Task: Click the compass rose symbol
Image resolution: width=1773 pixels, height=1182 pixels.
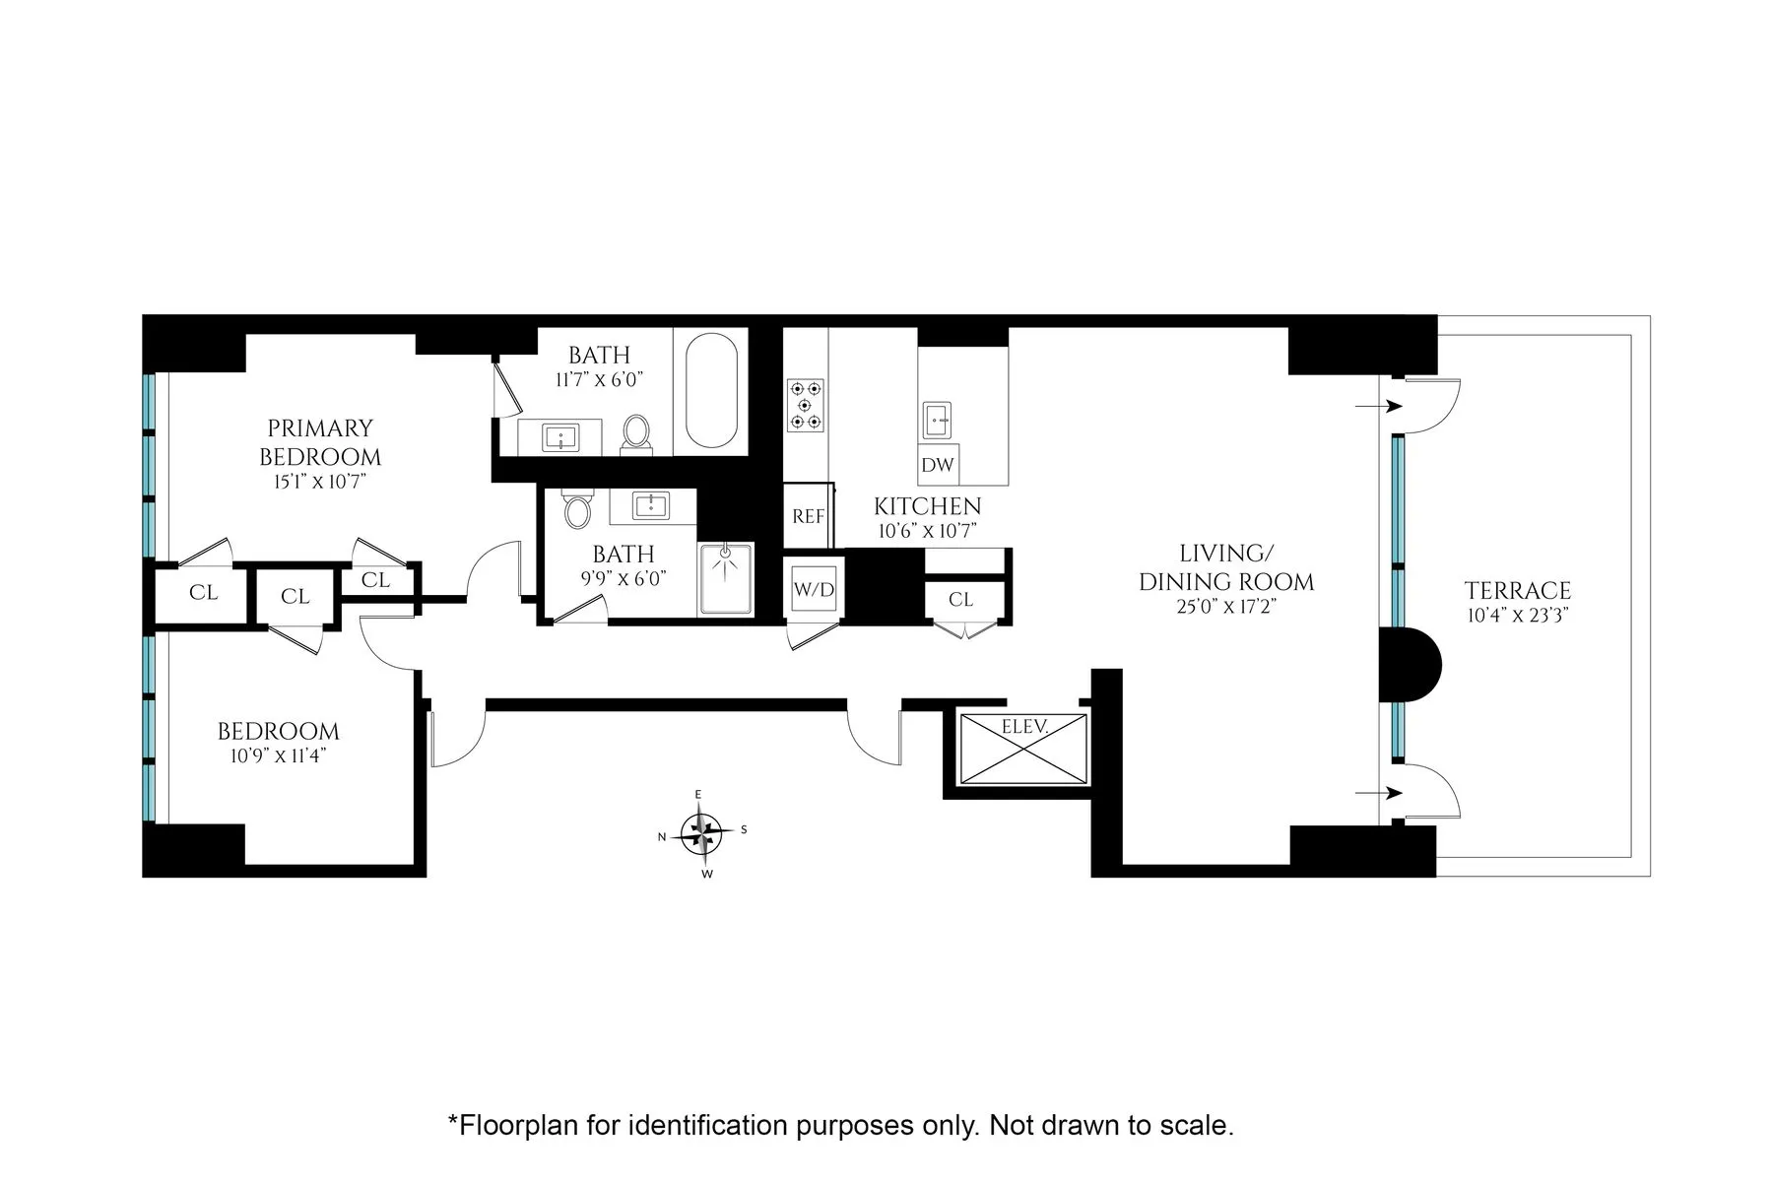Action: coord(700,832)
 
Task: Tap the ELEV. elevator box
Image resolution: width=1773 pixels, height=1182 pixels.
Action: coord(1023,749)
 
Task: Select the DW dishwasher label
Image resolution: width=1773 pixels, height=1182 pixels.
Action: coord(937,465)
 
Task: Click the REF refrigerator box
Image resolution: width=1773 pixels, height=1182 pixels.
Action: coord(808,516)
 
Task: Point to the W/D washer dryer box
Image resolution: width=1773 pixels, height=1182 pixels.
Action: coord(814,590)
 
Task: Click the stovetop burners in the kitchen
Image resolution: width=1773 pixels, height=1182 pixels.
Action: coord(805,405)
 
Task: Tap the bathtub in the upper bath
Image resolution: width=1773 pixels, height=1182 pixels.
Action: coord(710,391)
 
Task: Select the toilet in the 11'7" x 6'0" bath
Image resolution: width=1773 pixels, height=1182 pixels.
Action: coord(636,433)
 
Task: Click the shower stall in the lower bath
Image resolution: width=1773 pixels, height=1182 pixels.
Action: coord(726,579)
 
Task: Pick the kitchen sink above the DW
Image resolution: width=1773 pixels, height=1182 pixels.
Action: coord(937,419)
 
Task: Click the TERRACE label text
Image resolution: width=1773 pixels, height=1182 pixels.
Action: coord(1517,591)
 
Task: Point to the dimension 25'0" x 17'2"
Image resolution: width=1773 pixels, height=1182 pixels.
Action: coord(1225,607)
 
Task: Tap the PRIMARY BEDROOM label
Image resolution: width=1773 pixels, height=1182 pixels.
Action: coord(320,442)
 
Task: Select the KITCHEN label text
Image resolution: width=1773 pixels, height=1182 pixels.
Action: coord(927,507)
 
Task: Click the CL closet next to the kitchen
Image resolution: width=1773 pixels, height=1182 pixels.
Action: coord(960,599)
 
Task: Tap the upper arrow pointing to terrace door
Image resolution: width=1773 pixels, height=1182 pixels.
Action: coord(1379,406)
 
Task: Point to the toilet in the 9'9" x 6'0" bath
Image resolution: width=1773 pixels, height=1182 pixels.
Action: coord(577,510)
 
